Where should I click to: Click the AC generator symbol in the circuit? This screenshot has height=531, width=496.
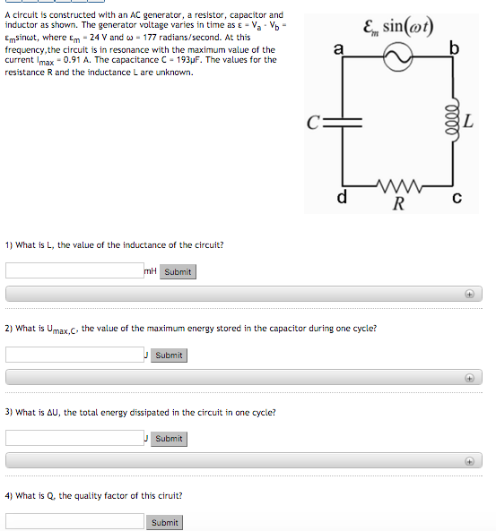coord(396,58)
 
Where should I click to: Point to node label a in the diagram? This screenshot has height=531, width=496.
coord(337,50)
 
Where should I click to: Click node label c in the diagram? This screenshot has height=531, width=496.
coord(457,198)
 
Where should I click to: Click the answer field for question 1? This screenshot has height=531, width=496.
coord(74,270)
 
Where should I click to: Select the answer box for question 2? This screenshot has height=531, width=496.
coord(74,355)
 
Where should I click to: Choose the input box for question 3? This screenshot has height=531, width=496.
coord(74,438)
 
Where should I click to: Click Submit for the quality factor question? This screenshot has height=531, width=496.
coord(164,522)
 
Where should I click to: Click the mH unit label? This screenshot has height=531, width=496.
coord(151,270)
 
